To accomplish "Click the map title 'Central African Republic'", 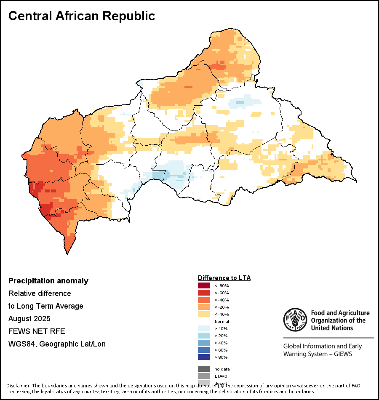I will pos(82,16).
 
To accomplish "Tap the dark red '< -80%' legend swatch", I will pos(204,285).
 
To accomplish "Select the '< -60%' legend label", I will pos(222,293).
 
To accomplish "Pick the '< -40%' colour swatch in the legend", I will pos(204,300).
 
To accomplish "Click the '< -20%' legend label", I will pos(222,307).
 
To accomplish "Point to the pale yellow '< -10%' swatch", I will pos(204,314).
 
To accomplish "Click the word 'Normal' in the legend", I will pos(222,321).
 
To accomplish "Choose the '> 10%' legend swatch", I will pos(204,328).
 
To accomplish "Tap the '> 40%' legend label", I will pos(221,343).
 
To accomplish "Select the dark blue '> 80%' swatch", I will pos(204,357).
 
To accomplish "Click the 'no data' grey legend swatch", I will pos(204,369).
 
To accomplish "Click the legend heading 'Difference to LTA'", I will pos(224,278).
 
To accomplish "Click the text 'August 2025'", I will pos(29,319).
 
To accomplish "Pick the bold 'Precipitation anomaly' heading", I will pos(48,281).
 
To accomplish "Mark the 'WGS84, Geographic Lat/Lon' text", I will pos(57,344).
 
